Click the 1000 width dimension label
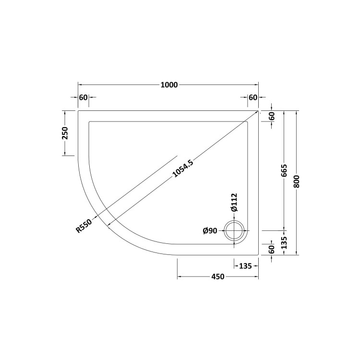tap(168, 85)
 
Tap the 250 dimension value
tap(65, 133)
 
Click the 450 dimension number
tap(218, 276)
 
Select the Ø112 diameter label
tap(234, 202)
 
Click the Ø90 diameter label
tap(210, 231)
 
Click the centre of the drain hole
tap(235, 231)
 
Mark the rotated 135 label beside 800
tap(284, 242)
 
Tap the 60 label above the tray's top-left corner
tap(83, 97)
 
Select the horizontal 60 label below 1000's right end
tap(253, 97)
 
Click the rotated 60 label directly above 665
tap(271, 116)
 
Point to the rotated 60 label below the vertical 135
tap(271, 249)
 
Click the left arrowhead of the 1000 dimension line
tap(80, 85)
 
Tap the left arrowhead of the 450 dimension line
tap(180, 276)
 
